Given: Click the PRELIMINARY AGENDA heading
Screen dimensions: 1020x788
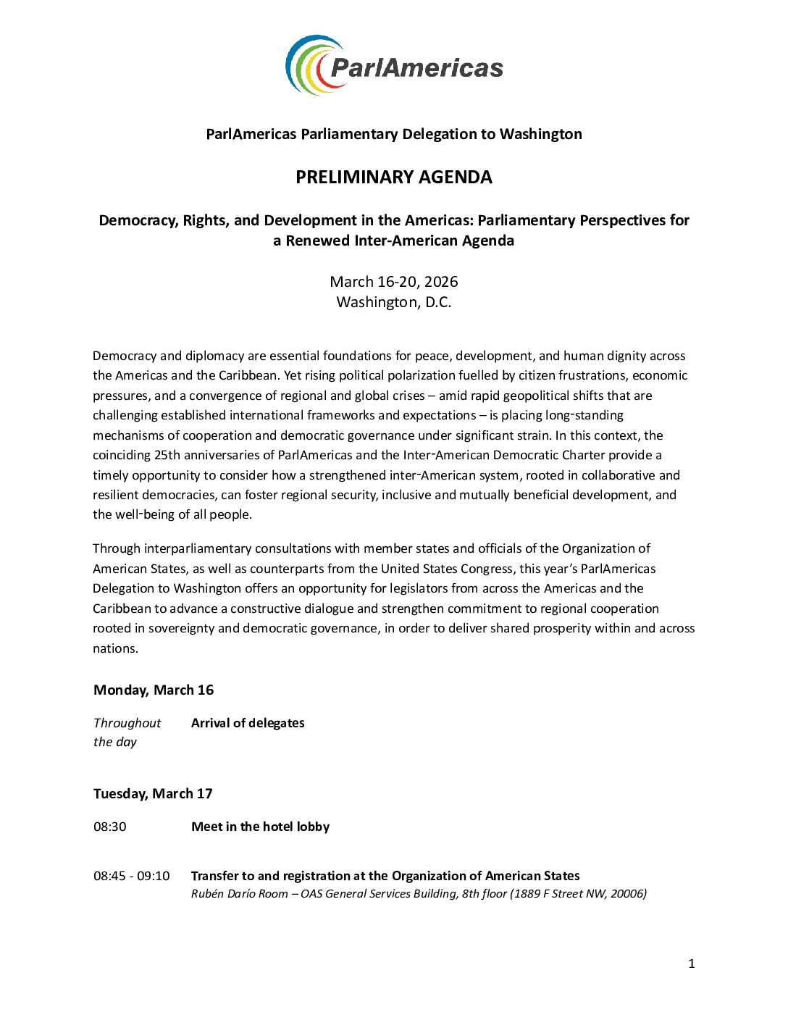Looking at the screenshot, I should tap(393, 177).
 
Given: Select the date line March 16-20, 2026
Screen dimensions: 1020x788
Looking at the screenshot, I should tap(393, 282).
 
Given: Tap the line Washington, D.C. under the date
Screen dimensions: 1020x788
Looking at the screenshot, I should tap(393, 302).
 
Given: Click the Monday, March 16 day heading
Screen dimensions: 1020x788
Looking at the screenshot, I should tap(154, 690).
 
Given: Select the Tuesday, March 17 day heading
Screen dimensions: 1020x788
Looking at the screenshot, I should tap(153, 793).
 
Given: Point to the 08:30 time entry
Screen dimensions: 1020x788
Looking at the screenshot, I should tap(110, 827).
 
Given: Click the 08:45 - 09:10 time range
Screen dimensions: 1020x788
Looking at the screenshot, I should tap(132, 876).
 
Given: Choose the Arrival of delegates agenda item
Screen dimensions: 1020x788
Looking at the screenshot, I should tap(248, 723).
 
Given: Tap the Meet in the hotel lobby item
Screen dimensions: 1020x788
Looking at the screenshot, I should tap(260, 827).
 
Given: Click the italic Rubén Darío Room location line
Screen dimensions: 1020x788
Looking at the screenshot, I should tap(419, 894).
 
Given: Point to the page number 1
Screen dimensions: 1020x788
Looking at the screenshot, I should tap(691, 963).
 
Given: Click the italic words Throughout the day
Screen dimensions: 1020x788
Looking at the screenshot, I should tap(127, 732).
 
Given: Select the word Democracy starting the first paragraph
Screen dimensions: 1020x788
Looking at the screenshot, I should tap(124, 356).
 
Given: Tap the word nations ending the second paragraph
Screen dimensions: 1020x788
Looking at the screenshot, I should tap(114, 648).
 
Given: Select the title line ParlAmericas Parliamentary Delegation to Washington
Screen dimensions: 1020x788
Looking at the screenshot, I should tap(393, 134).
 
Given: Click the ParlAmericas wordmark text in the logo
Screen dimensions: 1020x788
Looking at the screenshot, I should tap(416, 68).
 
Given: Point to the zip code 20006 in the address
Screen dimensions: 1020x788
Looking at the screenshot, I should tap(627, 894).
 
